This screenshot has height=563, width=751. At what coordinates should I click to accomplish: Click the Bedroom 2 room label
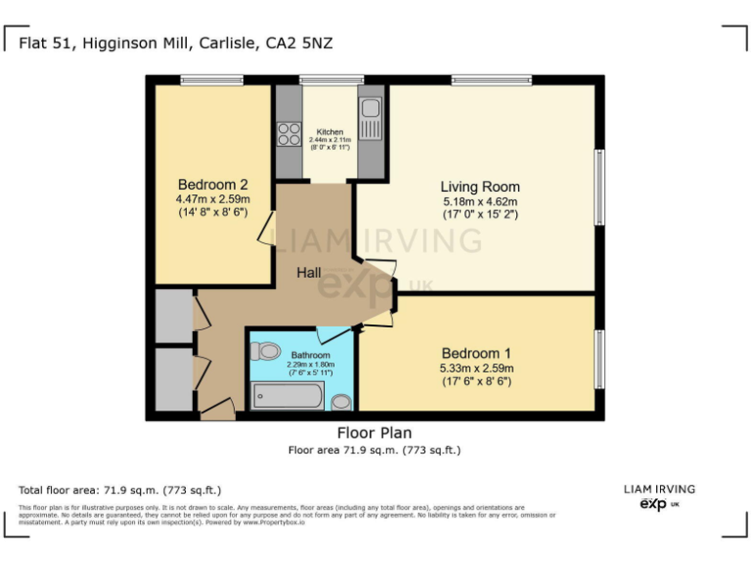(x=212, y=185)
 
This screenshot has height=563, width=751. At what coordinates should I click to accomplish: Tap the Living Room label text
(x=479, y=187)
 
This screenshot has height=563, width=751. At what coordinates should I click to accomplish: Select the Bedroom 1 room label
(x=477, y=353)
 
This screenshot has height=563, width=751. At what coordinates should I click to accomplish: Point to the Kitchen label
(x=331, y=131)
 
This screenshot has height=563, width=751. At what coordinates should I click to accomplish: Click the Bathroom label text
(x=303, y=356)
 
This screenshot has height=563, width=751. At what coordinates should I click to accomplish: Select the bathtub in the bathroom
(x=287, y=397)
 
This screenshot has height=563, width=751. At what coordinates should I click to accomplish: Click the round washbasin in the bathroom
(x=341, y=401)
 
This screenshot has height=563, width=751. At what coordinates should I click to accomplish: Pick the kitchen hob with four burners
(x=288, y=134)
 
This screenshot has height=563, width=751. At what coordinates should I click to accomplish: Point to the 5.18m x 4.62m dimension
(x=479, y=201)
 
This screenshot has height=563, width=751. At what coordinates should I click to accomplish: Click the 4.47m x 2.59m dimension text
(x=212, y=199)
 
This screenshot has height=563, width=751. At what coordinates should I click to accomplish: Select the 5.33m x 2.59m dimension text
(x=477, y=368)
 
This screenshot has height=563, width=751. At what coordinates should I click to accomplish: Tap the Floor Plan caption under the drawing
(x=375, y=433)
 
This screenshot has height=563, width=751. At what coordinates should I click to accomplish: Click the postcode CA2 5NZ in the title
(x=307, y=44)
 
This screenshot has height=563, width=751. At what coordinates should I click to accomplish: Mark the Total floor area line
(x=120, y=489)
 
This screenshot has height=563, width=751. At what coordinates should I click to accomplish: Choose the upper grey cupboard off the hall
(x=173, y=316)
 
